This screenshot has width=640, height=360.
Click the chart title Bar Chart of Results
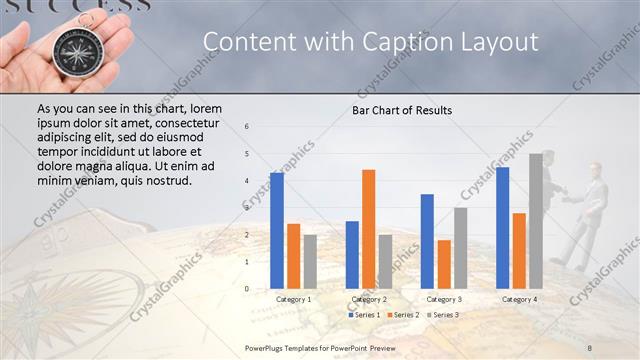click(x=402, y=110)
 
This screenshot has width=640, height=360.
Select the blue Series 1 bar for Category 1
click(x=276, y=230)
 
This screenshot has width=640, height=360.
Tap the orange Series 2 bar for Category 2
click(x=368, y=229)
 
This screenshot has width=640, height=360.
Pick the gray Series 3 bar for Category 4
click(x=535, y=221)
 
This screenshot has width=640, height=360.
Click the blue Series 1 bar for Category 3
click(x=427, y=241)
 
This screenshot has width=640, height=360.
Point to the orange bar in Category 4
click(x=519, y=250)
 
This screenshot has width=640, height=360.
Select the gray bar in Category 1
click(x=310, y=261)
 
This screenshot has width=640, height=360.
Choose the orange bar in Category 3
click(x=443, y=264)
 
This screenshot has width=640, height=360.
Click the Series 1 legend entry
click(x=364, y=315)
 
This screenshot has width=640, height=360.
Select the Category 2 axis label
click(x=369, y=299)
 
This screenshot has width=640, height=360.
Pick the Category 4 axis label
click(x=519, y=299)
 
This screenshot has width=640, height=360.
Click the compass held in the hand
click(x=73, y=51)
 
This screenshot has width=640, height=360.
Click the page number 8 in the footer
click(x=590, y=346)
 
